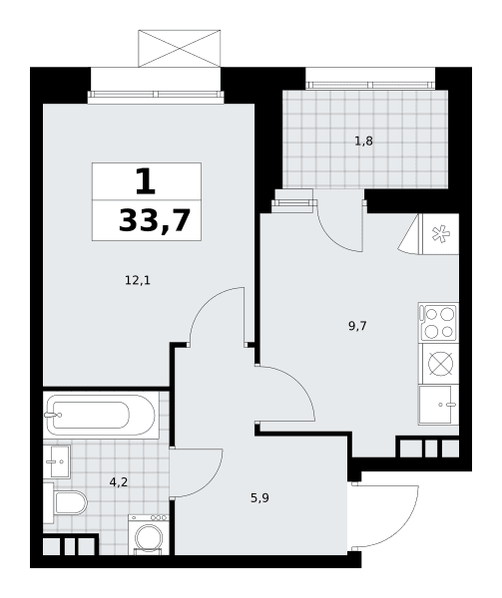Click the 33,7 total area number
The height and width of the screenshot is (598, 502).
point(155,221)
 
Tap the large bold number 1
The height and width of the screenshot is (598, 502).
point(146,181)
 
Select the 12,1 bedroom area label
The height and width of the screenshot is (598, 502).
point(138,281)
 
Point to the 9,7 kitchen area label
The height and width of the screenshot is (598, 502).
point(357,326)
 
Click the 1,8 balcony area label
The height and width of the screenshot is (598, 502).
point(364,142)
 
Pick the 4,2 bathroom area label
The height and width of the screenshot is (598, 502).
point(119,482)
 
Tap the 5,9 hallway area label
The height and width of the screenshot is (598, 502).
point(259,497)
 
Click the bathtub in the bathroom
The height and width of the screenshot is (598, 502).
point(101,415)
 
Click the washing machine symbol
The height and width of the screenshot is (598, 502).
point(149,534)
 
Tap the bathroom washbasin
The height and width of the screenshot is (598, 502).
point(57,461)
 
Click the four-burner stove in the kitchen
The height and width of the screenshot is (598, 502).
point(439,322)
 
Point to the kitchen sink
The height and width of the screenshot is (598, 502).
point(439,405)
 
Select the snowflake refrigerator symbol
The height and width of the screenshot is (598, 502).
point(440,234)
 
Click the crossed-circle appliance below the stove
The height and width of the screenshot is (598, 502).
point(440,364)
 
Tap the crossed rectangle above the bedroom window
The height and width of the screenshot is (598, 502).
point(180,49)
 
